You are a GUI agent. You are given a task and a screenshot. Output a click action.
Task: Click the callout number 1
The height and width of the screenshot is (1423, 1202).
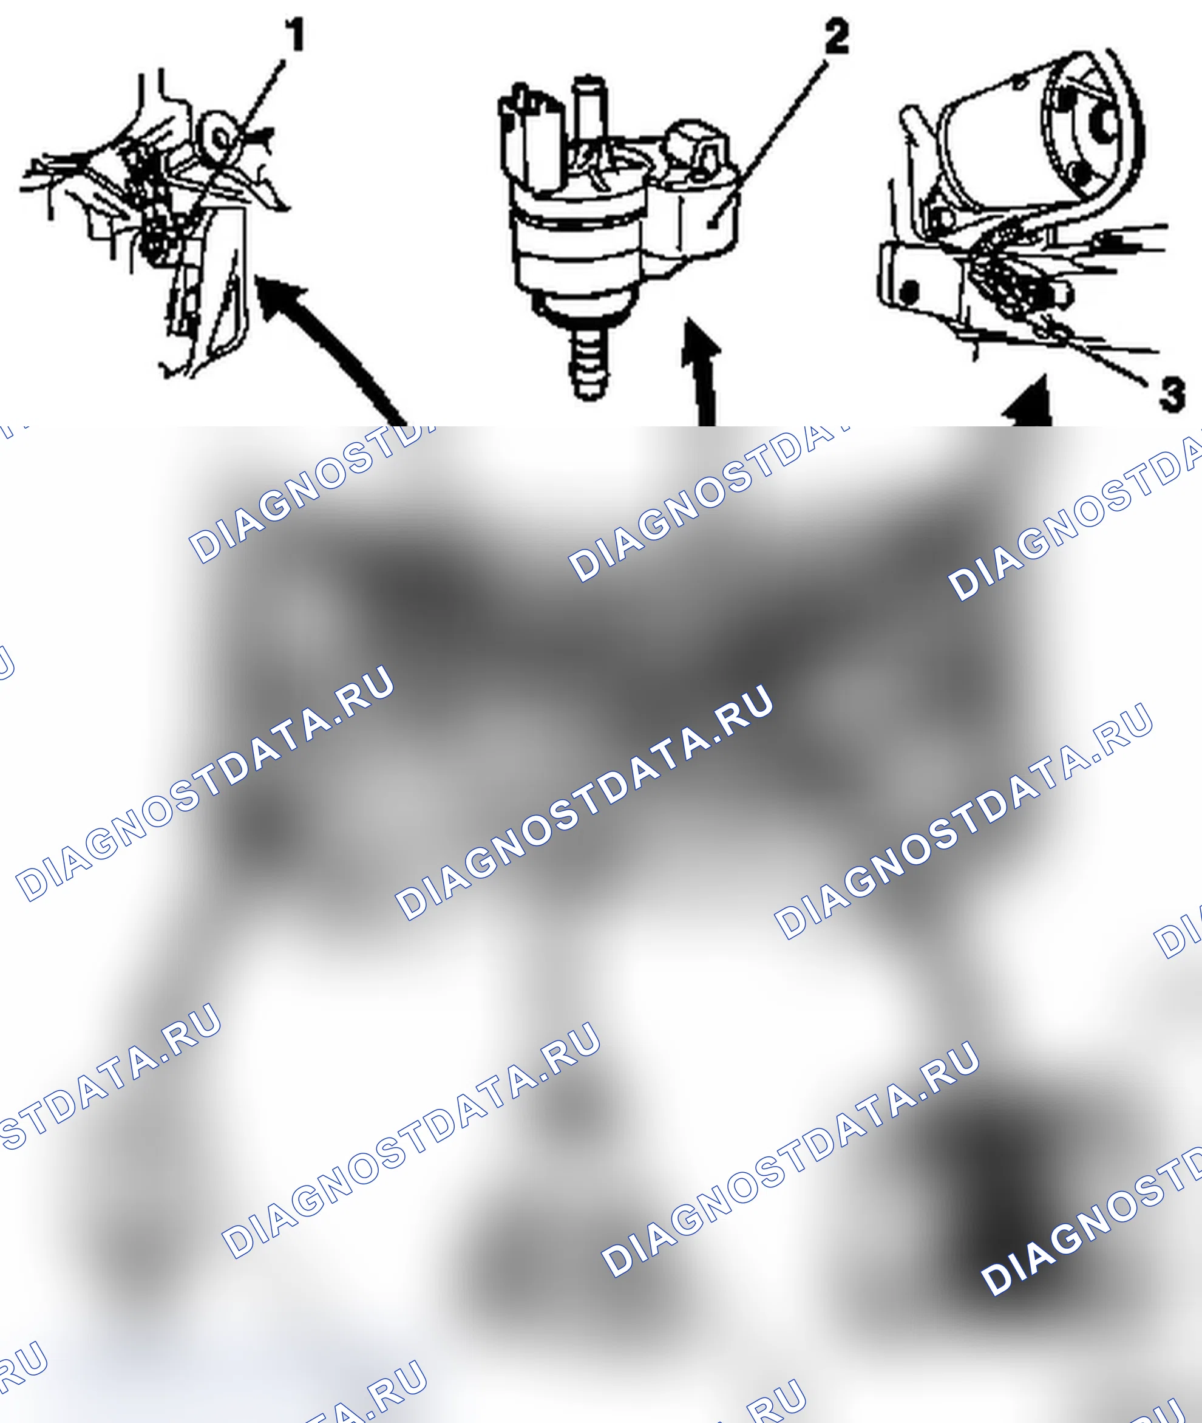(294, 35)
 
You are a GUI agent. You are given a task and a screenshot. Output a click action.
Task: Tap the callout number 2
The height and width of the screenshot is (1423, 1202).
(837, 37)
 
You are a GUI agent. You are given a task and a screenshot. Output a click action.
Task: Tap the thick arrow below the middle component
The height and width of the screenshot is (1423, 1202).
(702, 372)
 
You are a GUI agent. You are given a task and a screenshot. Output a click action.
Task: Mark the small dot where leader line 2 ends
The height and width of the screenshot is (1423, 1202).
(711, 223)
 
